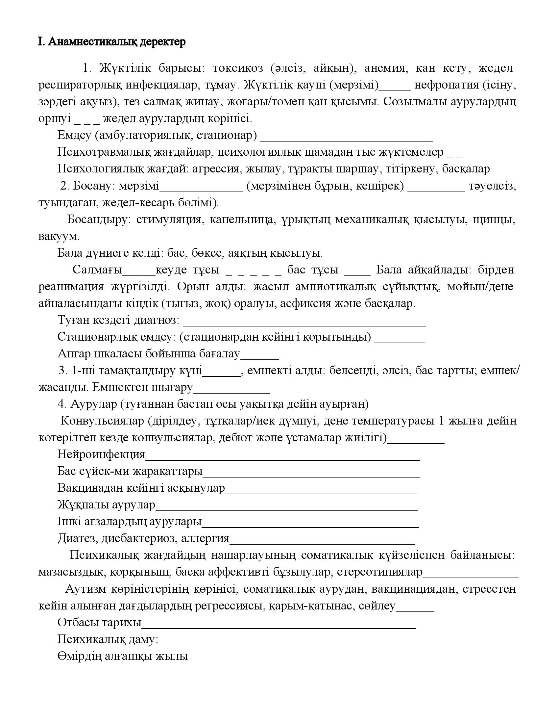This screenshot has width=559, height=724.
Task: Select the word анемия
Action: (385, 68)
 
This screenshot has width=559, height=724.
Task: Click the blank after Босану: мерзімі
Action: (201, 190)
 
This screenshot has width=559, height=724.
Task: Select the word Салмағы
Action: (97, 270)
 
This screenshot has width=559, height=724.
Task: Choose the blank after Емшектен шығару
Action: (232, 392)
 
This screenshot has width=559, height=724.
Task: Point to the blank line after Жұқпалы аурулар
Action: (286, 509)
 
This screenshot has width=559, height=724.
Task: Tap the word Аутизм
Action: (86, 589)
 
